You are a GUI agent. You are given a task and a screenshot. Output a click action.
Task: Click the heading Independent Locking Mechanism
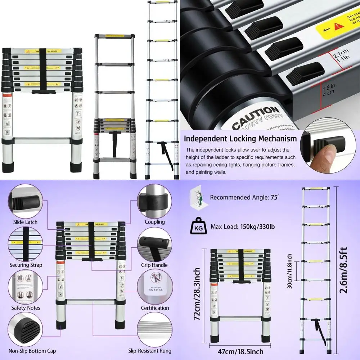click(x=240, y=139)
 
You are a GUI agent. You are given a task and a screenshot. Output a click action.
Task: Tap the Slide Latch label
click(x=25, y=222)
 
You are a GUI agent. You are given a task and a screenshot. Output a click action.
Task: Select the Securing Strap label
click(x=26, y=265)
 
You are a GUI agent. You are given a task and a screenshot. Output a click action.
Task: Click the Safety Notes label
click(x=26, y=308)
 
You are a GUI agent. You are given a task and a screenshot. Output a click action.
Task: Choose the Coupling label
click(x=154, y=222)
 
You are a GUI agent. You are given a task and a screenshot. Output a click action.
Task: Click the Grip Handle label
click(x=154, y=265)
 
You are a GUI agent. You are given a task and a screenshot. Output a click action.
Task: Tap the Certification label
click(x=155, y=308)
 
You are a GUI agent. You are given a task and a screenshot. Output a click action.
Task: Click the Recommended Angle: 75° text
click(x=245, y=197)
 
